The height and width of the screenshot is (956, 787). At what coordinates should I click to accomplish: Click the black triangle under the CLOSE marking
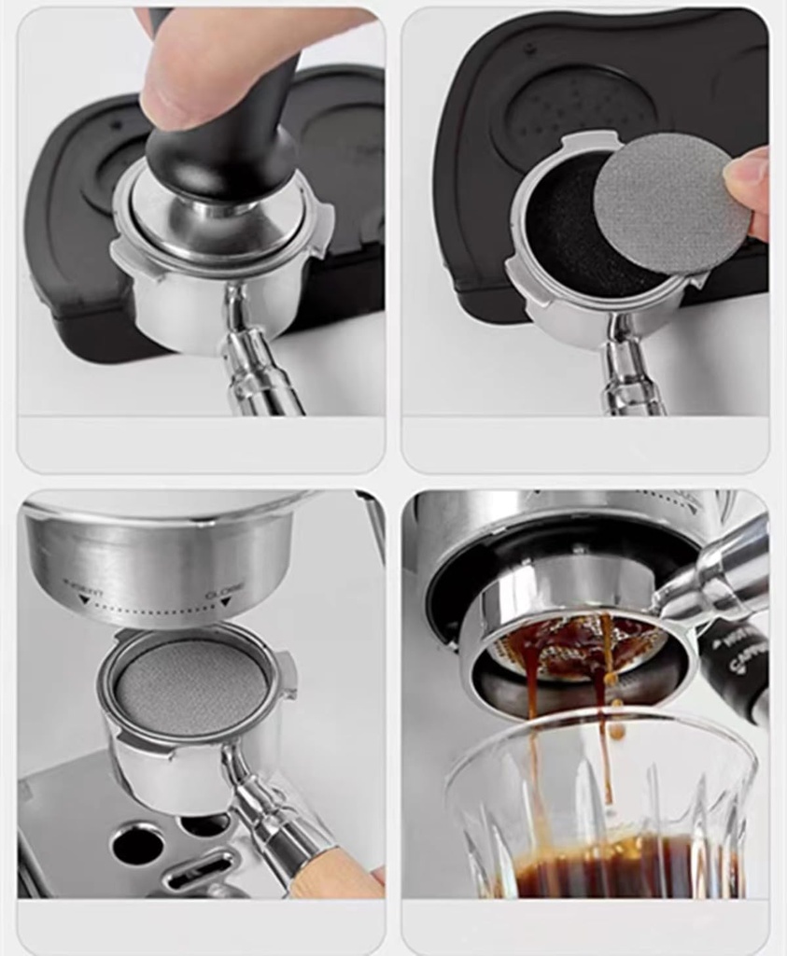(225, 603)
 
